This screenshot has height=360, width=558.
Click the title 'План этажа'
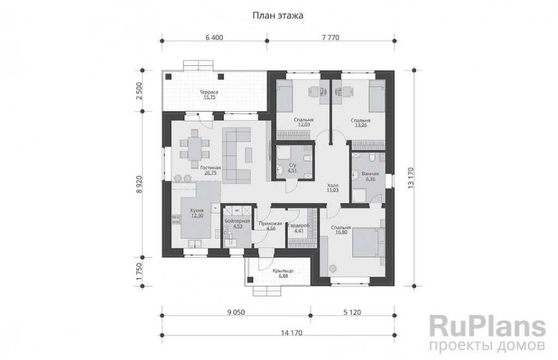click(277, 16)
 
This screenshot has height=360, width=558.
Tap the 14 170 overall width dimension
click(292, 333)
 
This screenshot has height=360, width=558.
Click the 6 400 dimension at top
click(214, 38)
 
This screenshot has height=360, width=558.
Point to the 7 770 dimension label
click(330, 38)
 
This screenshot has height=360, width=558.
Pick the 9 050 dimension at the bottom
click(236, 312)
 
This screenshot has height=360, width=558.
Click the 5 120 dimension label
click(352, 312)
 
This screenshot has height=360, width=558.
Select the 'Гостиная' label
click(210, 168)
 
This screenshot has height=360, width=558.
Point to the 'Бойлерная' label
click(238, 221)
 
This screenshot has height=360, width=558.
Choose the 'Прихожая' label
click(270, 224)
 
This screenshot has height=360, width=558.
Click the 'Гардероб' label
click(299, 225)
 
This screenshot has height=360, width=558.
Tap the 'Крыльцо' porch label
click(283, 271)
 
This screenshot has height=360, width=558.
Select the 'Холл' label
click(333, 185)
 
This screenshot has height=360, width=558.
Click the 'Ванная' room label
click(370, 174)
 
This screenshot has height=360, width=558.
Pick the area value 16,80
click(341, 233)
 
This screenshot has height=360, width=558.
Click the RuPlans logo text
click(487, 327)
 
